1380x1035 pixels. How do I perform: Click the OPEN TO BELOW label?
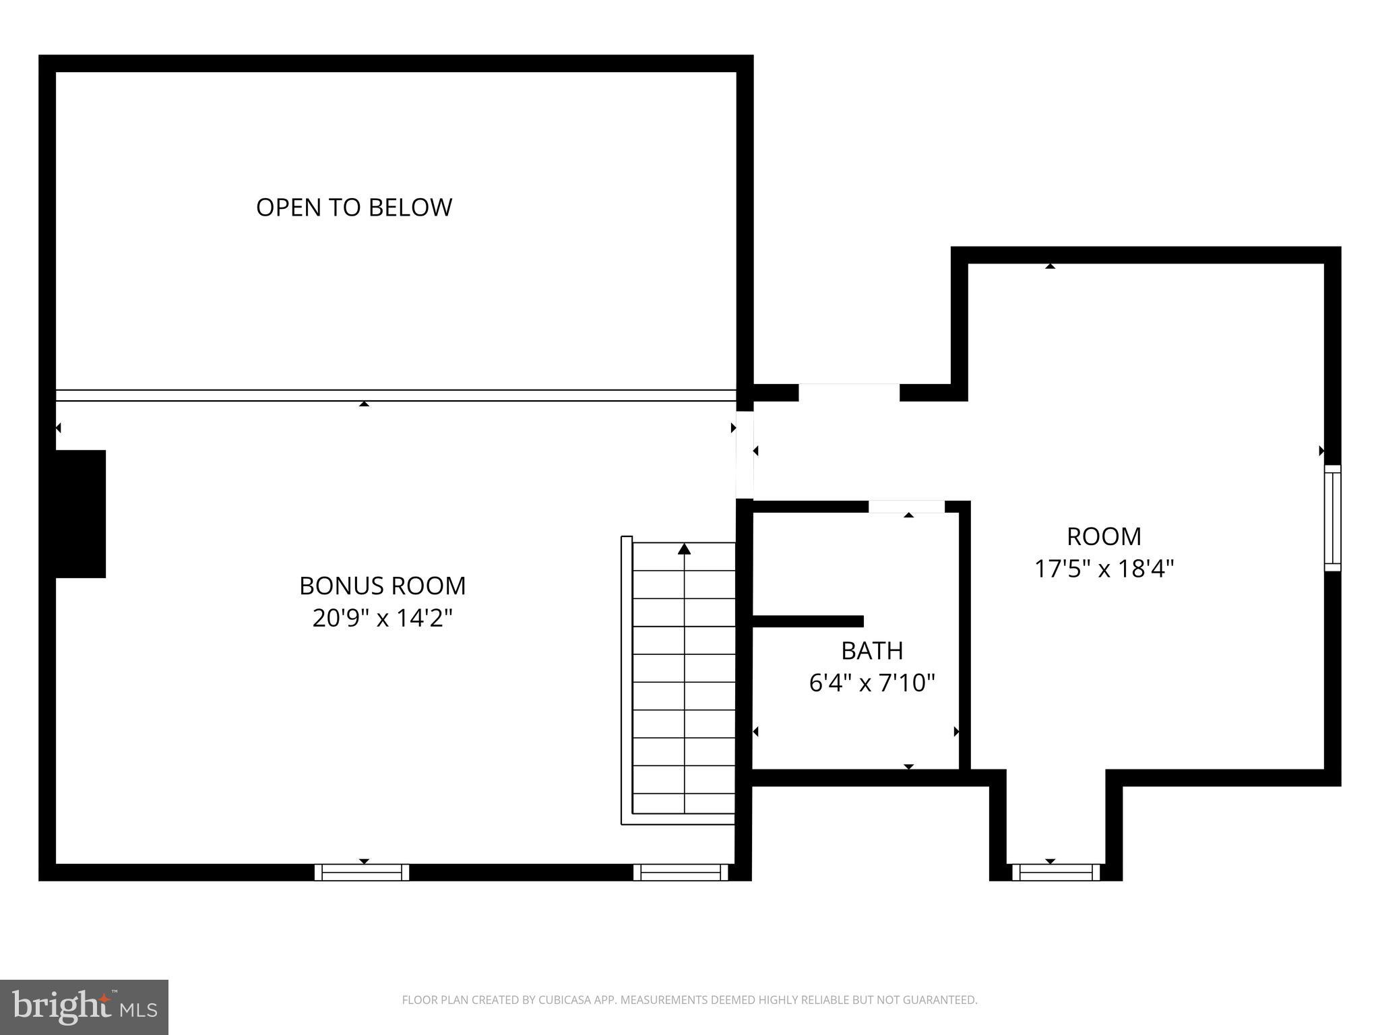tap(354, 207)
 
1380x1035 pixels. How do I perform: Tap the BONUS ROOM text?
tap(382, 586)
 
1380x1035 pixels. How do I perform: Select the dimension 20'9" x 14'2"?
tap(382, 618)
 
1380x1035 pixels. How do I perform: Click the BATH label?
tap(872, 650)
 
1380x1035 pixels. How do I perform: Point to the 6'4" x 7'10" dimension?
tap(872, 683)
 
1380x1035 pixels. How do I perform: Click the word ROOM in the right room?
tap(1104, 536)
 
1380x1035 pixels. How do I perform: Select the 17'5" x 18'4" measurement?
tap(1104, 569)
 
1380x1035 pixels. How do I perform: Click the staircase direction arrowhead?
tap(685, 549)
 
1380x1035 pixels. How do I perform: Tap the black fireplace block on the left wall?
tap(80, 513)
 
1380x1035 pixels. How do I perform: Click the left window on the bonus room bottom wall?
tap(362, 872)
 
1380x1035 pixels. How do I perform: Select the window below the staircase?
tap(681, 872)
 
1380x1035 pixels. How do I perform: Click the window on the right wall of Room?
tap(1332, 517)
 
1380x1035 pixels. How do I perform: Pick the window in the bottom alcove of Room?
tap(1056, 872)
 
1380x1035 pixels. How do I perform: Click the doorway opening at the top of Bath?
tap(906, 507)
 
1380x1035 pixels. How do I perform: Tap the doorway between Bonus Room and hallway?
tap(745, 455)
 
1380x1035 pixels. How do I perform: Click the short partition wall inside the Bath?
tap(807, 621)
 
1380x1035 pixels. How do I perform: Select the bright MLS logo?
tap(84, 1007)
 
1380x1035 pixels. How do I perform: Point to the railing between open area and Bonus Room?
tap(396, 396)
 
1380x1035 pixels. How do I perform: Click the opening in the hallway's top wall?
tap(849, 392)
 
